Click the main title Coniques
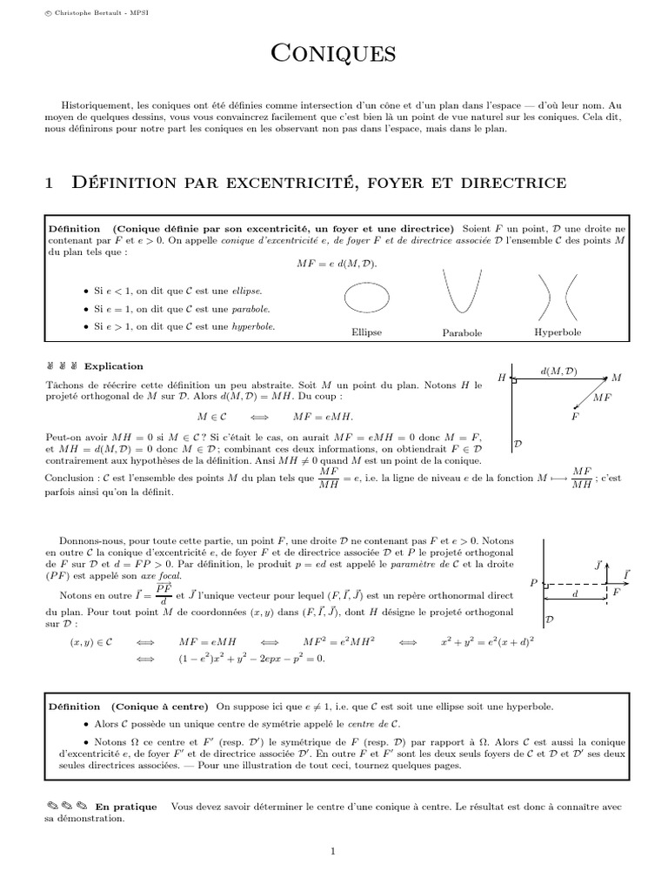[334, 55]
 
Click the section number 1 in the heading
[50, 184]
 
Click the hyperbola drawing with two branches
[557, 297]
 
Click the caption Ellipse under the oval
[366, 332]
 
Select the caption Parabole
[462, 333]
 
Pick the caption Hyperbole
[558, 332]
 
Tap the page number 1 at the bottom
[333, 852]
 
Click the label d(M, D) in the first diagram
[558, 372]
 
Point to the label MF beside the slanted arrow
[602, 397]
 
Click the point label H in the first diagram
[502, 379]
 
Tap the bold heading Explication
[113, 366]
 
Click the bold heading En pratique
[126, 807]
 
